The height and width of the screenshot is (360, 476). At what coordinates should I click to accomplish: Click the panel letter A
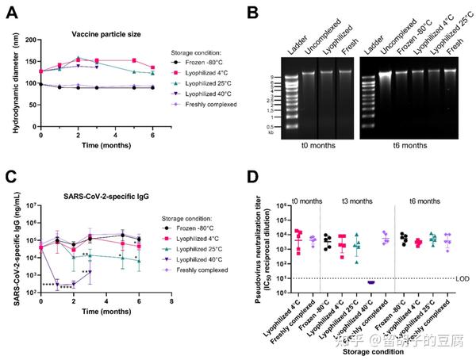[12, 12]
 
